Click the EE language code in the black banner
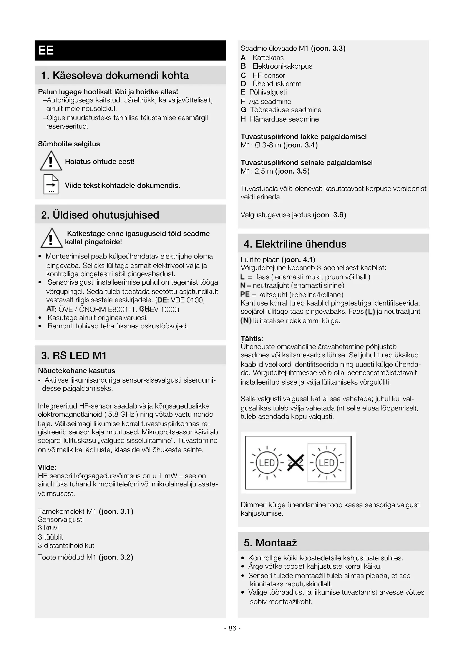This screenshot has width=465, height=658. [46, 50]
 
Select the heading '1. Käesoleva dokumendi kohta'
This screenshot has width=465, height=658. [115, 75]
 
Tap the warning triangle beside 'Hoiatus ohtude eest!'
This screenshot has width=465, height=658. [51, 161]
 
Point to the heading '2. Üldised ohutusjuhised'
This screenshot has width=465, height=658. [100, 215]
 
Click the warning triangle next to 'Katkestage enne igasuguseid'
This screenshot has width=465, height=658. [51, 239]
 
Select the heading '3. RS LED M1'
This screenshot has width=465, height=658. [74, 355]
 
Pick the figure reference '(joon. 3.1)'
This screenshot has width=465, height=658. [116, 511]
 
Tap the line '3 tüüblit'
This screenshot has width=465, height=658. [50, 537]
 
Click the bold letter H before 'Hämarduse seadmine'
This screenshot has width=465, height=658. [243, 119]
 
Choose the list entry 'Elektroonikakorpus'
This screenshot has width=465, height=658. [282, 66]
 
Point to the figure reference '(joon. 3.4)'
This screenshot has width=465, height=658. [300, 145]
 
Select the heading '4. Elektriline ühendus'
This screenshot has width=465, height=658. [295, 244]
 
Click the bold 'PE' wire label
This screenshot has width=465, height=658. [245, 294]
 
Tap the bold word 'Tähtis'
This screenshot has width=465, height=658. [251, 338]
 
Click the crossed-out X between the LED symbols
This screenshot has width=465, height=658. [295, 463]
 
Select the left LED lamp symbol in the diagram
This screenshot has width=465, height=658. [267, 463]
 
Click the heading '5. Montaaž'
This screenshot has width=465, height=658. [270, 542]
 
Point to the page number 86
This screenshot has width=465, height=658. [232, 628]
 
